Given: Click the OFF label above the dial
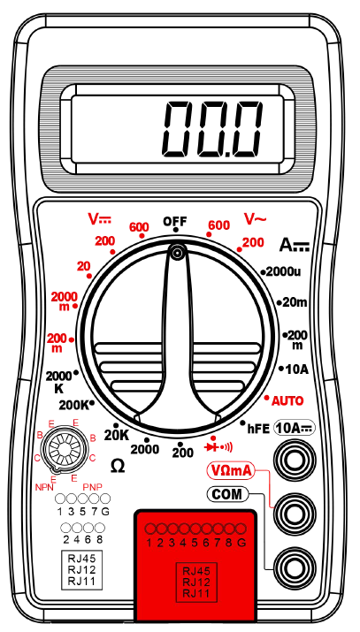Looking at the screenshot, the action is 175,221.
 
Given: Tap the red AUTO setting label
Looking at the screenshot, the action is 287,401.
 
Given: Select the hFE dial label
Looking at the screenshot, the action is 258,429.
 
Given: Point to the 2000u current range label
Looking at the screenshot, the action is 283,271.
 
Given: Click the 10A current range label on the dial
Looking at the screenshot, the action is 296,369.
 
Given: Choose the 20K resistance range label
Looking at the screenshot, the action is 117,435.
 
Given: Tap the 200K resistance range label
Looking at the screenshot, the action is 73,405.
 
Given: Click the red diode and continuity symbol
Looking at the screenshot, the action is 218,447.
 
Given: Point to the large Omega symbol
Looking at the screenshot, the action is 118,467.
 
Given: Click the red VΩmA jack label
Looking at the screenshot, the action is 232,470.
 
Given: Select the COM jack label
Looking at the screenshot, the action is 227,495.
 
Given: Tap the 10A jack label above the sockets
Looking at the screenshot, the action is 295,429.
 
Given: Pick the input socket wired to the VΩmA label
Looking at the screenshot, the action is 295,513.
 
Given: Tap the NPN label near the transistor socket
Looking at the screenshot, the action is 44,487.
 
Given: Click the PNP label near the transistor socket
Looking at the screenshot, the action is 92,487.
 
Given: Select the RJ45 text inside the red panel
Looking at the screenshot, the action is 196,571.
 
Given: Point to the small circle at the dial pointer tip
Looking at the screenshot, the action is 176,253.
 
